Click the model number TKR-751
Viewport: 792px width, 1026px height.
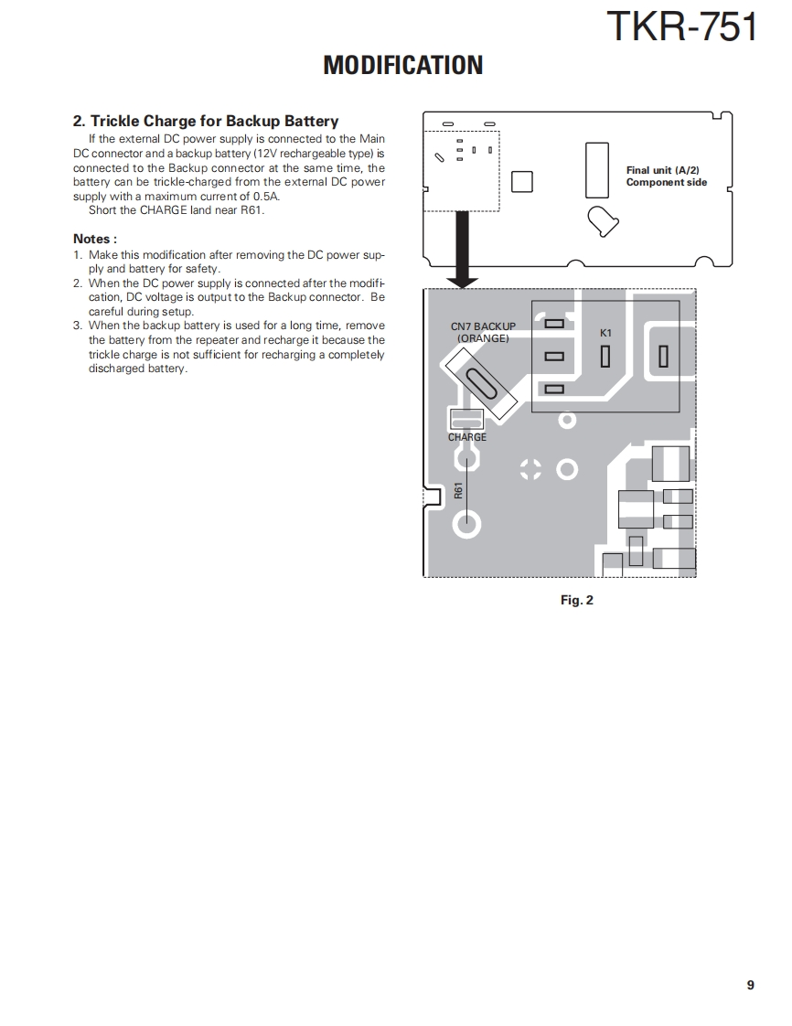(x=682, y=27)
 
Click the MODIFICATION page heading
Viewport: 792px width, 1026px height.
(x=402, y=66)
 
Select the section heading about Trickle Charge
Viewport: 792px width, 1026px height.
(x=206, y=121)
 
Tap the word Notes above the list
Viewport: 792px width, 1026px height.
(x=95, y=239)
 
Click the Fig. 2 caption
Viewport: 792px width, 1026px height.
(x=576, y=600)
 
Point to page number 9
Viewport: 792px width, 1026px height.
(x=750, y=985)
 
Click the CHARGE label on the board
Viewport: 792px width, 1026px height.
(x=467, y=437)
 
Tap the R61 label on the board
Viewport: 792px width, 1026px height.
(x=458, y=491)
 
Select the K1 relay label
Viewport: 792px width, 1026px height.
(x=605, y=333)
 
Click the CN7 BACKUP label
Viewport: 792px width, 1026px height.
(x=483, y=326)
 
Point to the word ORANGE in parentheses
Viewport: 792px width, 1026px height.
(x=483, y=337)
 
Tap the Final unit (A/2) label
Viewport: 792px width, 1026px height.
(x=662, y=170)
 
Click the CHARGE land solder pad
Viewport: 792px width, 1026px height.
(x=466, y=420)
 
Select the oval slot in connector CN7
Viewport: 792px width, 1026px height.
(x=481, y=383)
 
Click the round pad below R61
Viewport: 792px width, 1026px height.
(x=467, y=524)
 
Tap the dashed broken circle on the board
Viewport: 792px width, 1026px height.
(x=530, y=470)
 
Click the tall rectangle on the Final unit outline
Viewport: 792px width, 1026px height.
(x=596, y=169)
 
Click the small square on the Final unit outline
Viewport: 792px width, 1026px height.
(x=521, y=181)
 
